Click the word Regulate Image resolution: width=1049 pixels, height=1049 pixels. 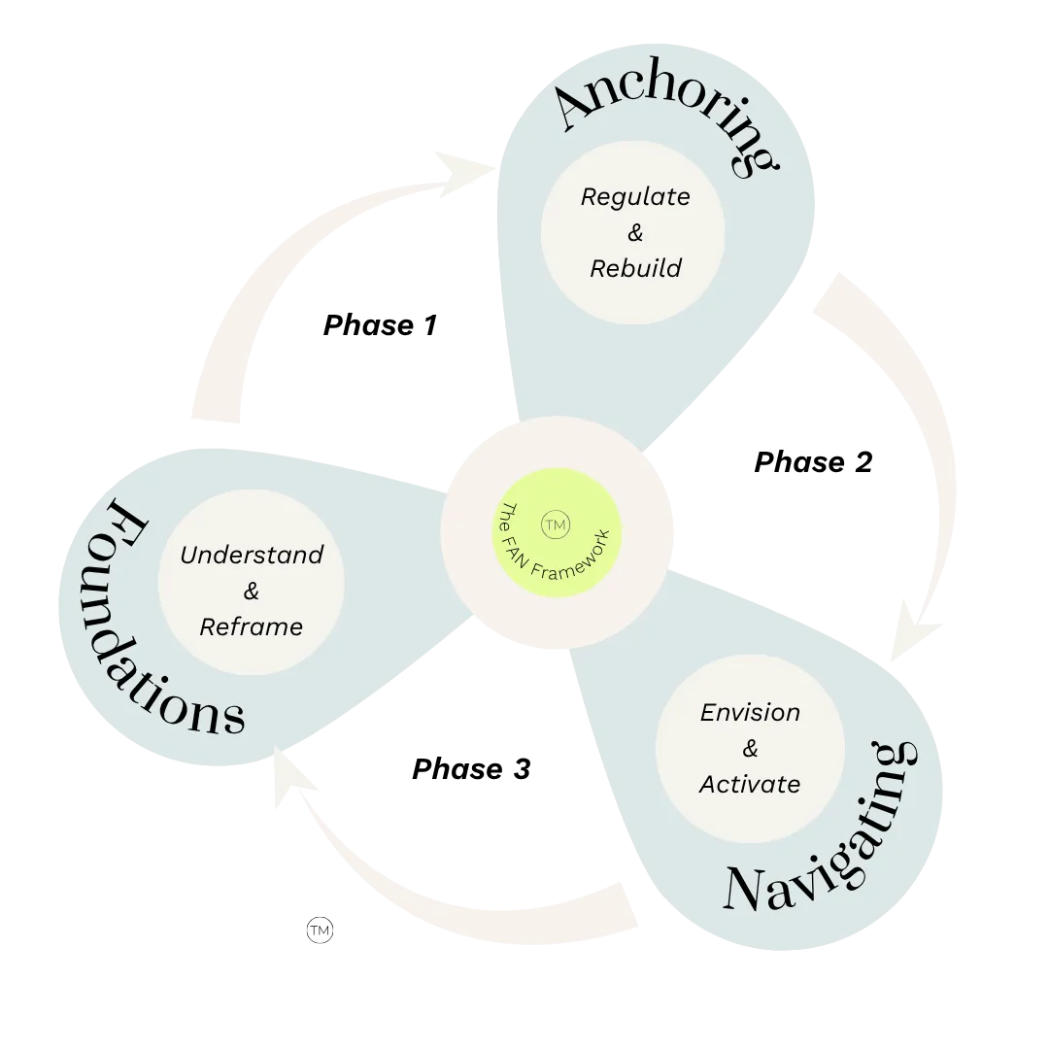pos(635,197)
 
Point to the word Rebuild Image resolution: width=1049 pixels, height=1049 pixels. pos(635,268)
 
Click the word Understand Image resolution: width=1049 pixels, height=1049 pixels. pos(252,556)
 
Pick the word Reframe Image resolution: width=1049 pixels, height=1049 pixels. pos(252,627)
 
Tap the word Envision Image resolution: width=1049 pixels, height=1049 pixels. pos(750,713)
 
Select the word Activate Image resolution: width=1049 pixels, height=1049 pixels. pos(750,784)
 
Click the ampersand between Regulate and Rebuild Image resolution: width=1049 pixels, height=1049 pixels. pos(635,233)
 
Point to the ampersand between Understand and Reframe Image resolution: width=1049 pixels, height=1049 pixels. pos(252,592)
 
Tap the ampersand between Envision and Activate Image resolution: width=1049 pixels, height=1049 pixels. pos(750,749)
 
